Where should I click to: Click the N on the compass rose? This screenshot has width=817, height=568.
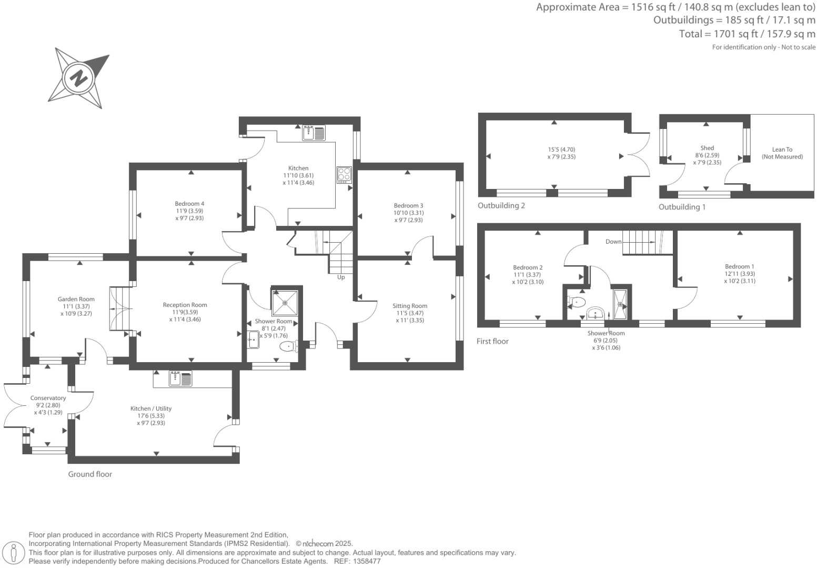[79, 78]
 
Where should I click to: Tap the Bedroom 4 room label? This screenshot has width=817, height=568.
[189, 204]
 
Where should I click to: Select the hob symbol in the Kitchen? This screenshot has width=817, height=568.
[344, 174]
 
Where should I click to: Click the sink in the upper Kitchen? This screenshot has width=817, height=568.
[314, 133]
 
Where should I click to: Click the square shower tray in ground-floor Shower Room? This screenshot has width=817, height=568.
[285, 302]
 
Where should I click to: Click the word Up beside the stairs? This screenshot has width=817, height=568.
[341, 277]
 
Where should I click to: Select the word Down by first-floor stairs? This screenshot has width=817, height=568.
[613, 242]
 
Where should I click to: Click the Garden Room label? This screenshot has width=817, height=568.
[76, 299]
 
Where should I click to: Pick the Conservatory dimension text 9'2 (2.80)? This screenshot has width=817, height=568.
[48, 405]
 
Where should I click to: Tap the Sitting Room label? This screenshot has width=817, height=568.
[410, 306]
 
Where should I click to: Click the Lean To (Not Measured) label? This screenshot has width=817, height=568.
[782, 153]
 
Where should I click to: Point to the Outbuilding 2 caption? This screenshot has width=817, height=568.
[501, 206]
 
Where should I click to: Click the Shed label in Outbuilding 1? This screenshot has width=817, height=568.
[707, 148]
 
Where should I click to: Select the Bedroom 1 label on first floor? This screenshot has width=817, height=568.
[739, 266]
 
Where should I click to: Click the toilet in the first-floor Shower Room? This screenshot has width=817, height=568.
[577, 302]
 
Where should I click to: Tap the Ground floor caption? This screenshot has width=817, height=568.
[90, 474]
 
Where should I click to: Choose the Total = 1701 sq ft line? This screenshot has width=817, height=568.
[747, 34]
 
